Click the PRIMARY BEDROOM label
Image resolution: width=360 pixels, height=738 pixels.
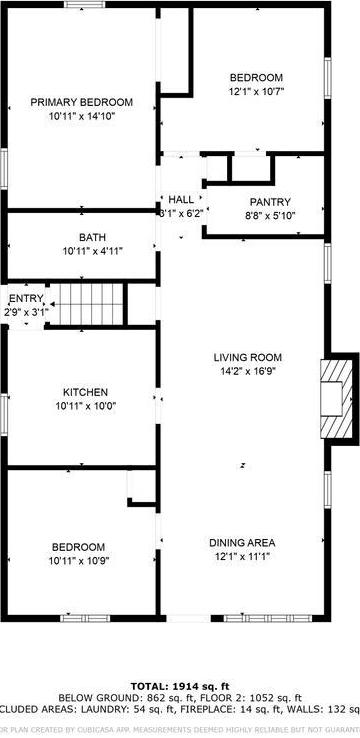click(x=81, y=102)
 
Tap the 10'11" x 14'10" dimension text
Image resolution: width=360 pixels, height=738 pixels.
click(x=81, y=116)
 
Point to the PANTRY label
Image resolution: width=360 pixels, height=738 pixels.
click(x=269, y=201)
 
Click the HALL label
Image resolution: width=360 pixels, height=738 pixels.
click(x=181, y=199)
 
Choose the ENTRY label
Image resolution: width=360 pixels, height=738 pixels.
click(x=26, y=299)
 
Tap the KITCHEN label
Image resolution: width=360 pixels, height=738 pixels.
click(x=85, y=392)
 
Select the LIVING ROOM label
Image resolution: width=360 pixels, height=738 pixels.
click(x=247, y=357)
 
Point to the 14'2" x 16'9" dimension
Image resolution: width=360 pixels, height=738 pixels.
click(x=247, y=371)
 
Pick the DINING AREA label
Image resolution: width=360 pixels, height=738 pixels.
click(x=242, y=543)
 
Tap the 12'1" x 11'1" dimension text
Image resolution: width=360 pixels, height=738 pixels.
click(x=242, y=557)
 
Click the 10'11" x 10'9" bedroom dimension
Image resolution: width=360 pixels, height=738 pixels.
click(x=79, y=561)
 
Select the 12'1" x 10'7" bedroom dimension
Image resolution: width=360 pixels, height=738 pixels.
click(x=256, y=92)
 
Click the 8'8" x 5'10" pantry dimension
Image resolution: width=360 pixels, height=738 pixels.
click(x=269, y=215)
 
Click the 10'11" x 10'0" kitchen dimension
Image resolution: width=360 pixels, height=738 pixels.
click(x=85, y=406)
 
